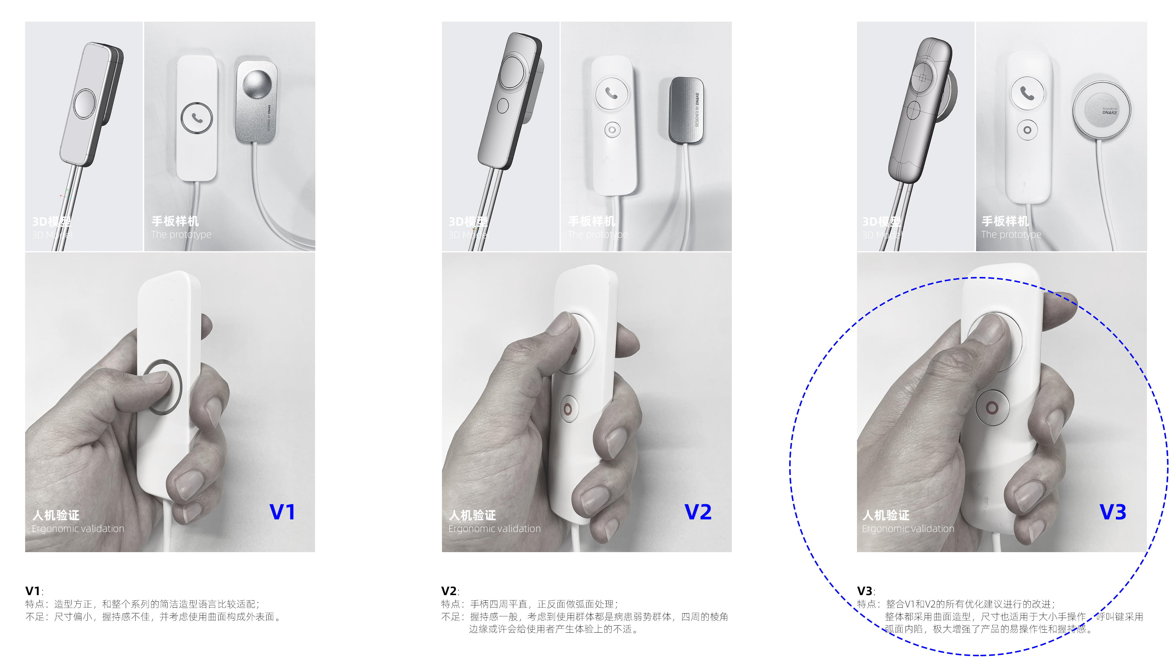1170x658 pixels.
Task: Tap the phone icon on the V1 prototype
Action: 196,118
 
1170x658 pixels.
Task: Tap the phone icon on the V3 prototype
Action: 1027,93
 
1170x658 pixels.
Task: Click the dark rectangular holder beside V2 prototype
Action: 686,110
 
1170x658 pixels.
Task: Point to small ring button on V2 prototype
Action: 612,130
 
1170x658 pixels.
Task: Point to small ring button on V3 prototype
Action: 1027,130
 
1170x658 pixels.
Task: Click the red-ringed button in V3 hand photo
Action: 992,408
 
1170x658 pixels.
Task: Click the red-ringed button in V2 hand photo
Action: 568,409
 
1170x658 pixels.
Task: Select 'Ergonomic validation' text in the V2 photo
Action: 494,528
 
